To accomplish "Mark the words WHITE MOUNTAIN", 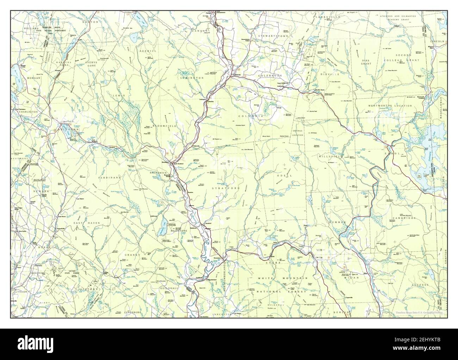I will [280, 278].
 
